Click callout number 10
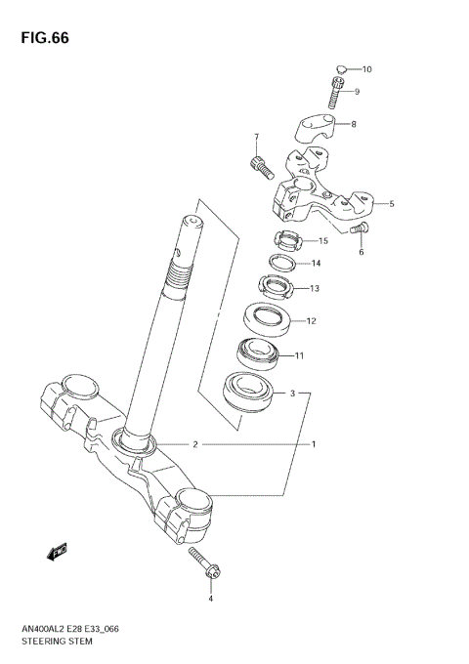click(367, 69)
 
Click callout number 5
click(391, 204)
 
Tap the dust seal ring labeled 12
click(266, 319)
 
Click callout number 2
click(195, 444)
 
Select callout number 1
click(314, 444)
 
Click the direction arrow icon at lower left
click(57, 552)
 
